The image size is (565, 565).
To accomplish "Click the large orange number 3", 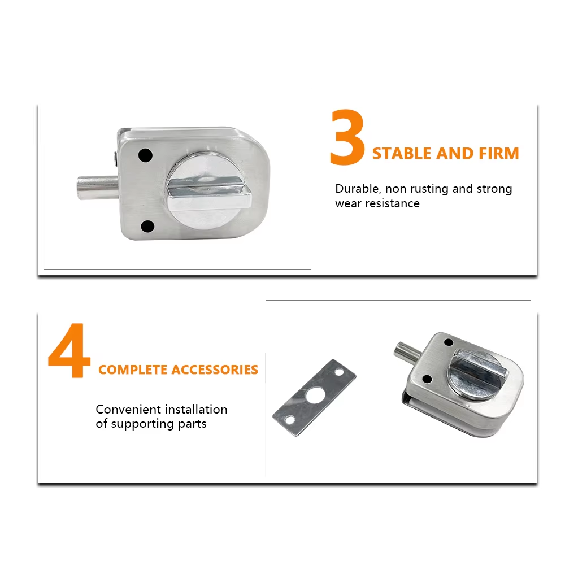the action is [347, 137].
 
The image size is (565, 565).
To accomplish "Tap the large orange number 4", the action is [69, 350].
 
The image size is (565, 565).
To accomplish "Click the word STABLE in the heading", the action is [402, 154].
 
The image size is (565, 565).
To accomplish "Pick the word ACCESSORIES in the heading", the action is [215, 370].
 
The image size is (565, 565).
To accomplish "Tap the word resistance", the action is [393, 203].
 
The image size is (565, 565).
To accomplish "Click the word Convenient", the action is [128, 409].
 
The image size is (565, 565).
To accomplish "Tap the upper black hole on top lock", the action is [145, 155].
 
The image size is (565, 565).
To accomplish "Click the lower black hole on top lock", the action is [147, 227].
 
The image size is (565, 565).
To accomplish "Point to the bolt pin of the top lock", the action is [98, 187].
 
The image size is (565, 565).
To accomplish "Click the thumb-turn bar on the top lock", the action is [208, 195].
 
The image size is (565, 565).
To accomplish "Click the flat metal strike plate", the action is [314, 397].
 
